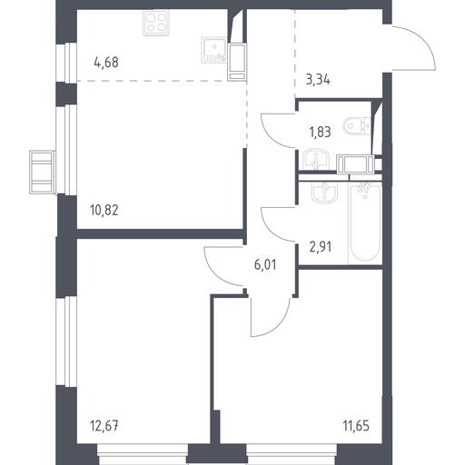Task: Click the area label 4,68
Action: (106, 63)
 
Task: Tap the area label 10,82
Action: (104, 210)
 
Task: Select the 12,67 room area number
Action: (104, 426)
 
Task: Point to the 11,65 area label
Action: (356, 426)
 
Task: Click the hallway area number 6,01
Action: (265, 265)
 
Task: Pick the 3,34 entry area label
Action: (318, 81)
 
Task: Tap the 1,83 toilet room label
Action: (320, 133)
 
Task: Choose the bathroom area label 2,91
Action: (321, 247)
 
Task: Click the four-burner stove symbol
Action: (155, 23)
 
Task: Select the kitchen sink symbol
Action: (213, 51)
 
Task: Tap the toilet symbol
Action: (357, 125)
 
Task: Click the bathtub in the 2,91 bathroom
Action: (365, 223)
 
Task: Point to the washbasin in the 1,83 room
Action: (316, 159)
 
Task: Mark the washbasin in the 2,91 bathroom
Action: (324, 192)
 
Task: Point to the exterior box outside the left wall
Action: (42, 172)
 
